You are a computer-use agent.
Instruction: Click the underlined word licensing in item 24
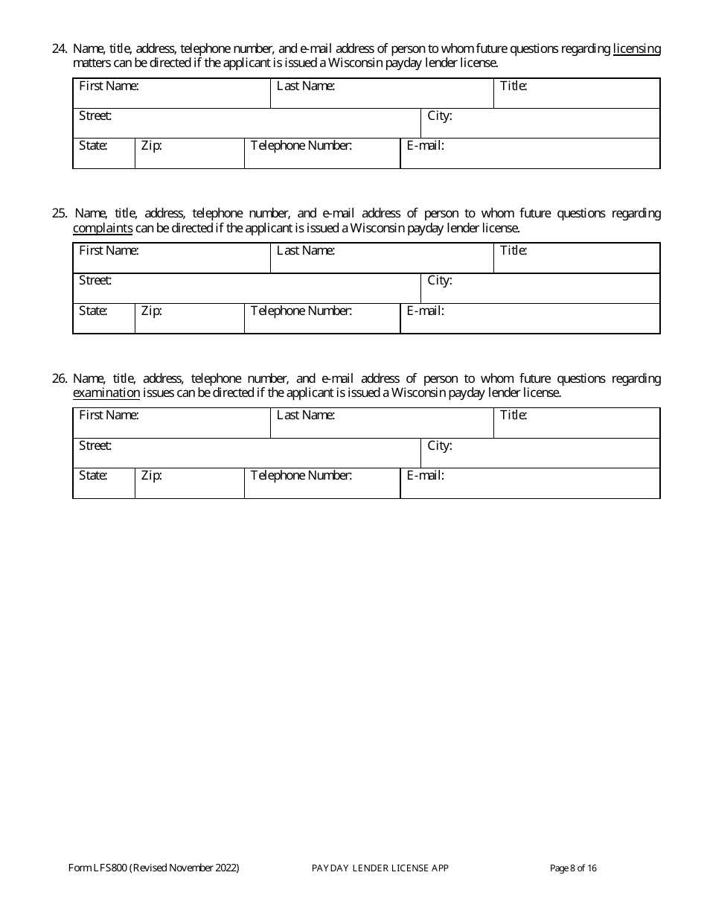(636, 49)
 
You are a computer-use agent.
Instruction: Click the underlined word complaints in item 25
(103, 229)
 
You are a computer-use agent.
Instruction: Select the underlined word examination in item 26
(106, 393)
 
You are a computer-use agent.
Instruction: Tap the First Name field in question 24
(172, 94)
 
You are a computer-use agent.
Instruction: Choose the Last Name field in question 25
(382, 258)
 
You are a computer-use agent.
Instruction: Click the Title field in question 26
(577, 423)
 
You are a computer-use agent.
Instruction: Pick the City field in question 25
(541, 288)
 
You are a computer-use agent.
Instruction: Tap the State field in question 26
(104, 483)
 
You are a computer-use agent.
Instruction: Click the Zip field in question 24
(190, 153)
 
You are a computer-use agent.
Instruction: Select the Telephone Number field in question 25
(322, 319)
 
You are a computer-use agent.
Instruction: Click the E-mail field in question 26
(530, 483)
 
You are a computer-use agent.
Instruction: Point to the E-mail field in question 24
(530, 153)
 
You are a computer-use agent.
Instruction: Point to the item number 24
(60, 49)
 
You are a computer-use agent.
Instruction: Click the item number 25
(60, 214)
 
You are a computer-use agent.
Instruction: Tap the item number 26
(60, 378)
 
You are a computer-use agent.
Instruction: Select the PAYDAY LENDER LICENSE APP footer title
(380, 868)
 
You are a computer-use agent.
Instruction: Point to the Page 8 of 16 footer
(573, 868)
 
